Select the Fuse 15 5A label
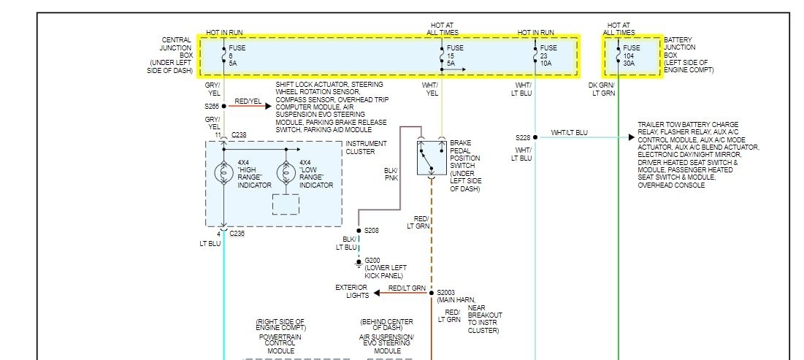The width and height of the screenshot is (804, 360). [456, 55]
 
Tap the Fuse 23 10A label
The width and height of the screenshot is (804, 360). [548, 55]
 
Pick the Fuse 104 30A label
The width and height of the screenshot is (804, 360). [632, 55]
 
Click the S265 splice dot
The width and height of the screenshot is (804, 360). [223, 106]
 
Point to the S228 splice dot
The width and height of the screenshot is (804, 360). [535, 137]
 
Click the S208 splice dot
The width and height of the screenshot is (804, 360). [359, 230]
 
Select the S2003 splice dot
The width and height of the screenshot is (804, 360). [431, 293]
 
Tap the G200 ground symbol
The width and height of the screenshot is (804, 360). [359, 261]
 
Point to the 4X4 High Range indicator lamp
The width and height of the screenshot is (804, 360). [223, 174]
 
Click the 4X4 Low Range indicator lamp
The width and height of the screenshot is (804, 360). [286, 174]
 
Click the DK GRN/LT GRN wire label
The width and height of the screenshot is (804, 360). [603, 89]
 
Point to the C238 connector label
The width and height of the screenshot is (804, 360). [239, 135]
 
